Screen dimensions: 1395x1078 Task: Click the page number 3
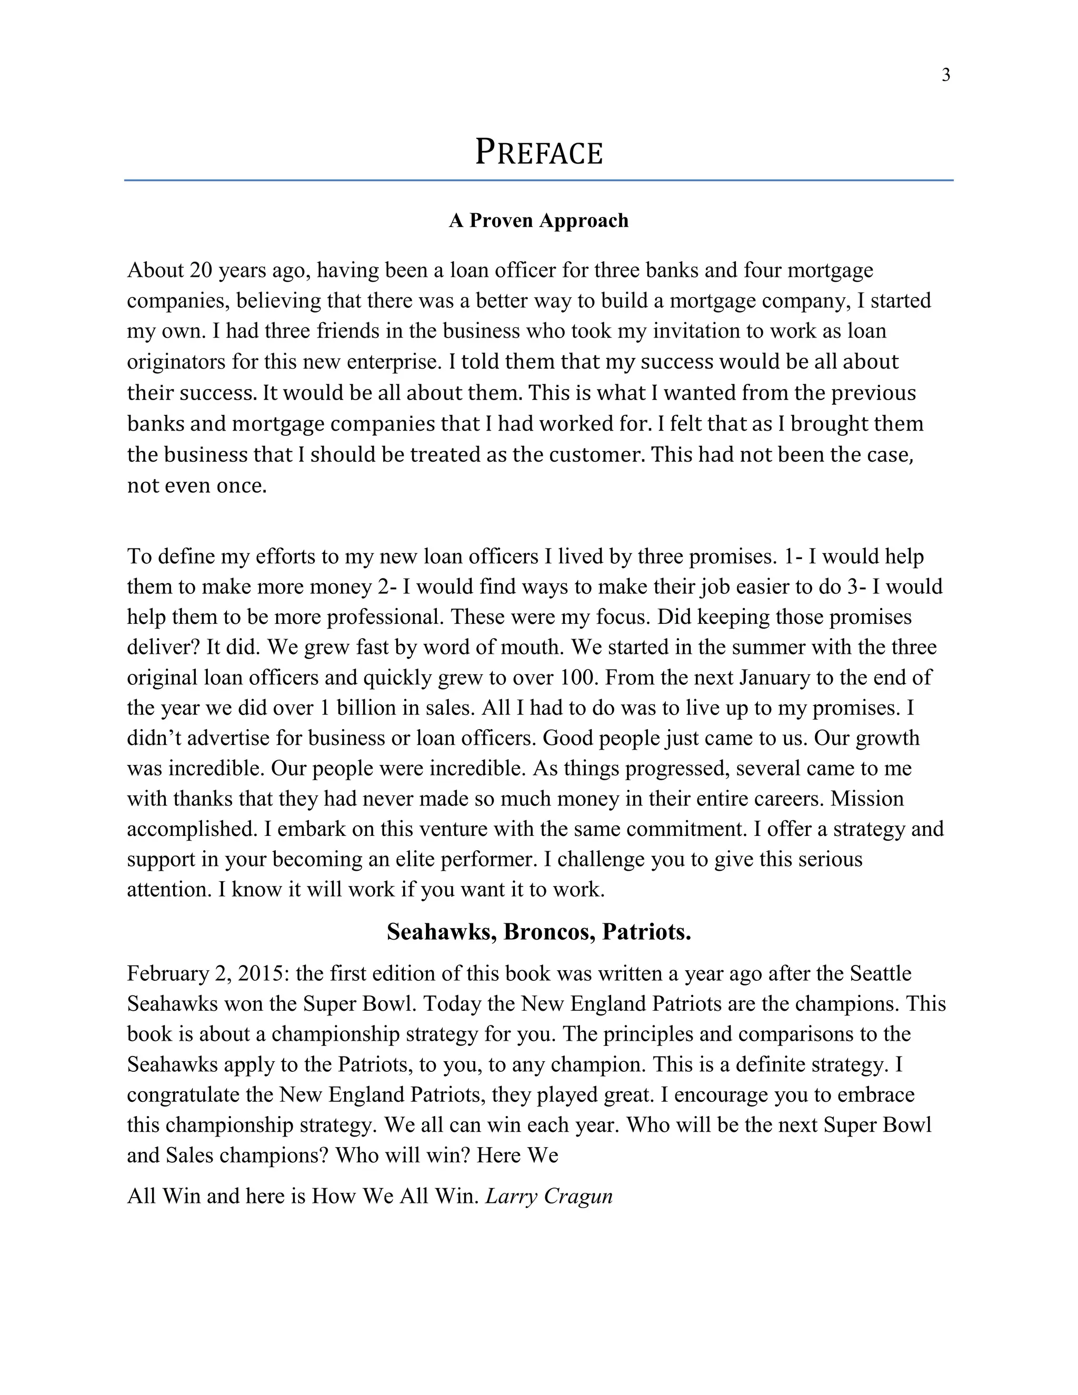click(x=946, y=75)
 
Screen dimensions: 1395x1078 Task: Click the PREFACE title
click(x=539, y=153)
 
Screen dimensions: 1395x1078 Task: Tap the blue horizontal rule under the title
click(x=539, y=181)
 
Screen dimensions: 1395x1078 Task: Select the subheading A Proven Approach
click(x=539, y=221)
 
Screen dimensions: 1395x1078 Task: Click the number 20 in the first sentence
click(x=201, y=270)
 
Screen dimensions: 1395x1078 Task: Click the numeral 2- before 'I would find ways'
click(x=387, y=587)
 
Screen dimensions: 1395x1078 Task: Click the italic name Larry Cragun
click(x=548, y=1197)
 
